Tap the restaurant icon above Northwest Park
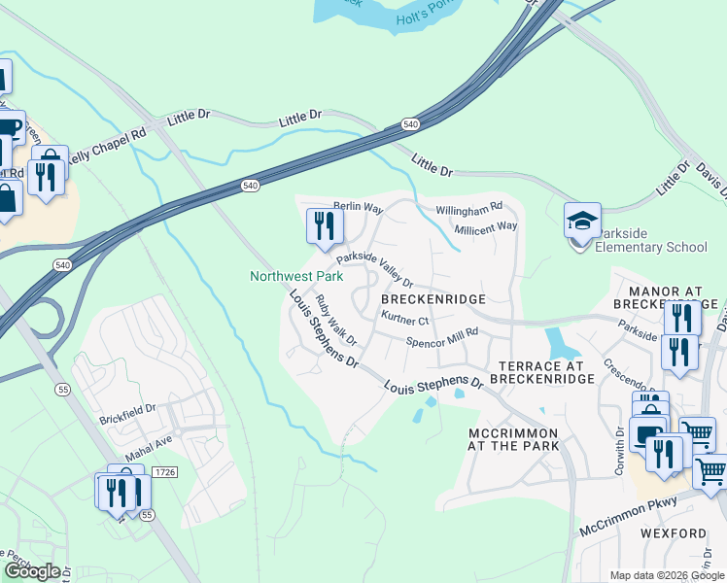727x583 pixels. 323,226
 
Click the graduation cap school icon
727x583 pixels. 582,222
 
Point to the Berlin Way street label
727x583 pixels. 358,208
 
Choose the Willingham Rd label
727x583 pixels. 468,207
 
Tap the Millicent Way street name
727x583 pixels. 486,226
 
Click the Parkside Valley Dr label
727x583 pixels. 375,265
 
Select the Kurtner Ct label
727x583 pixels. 405,319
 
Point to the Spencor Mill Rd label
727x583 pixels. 442,338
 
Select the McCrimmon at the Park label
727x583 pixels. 513,439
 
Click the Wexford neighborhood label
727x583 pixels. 673,533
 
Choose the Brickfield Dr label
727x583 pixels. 127,414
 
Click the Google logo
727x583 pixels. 32,571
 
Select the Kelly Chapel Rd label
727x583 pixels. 106,143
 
